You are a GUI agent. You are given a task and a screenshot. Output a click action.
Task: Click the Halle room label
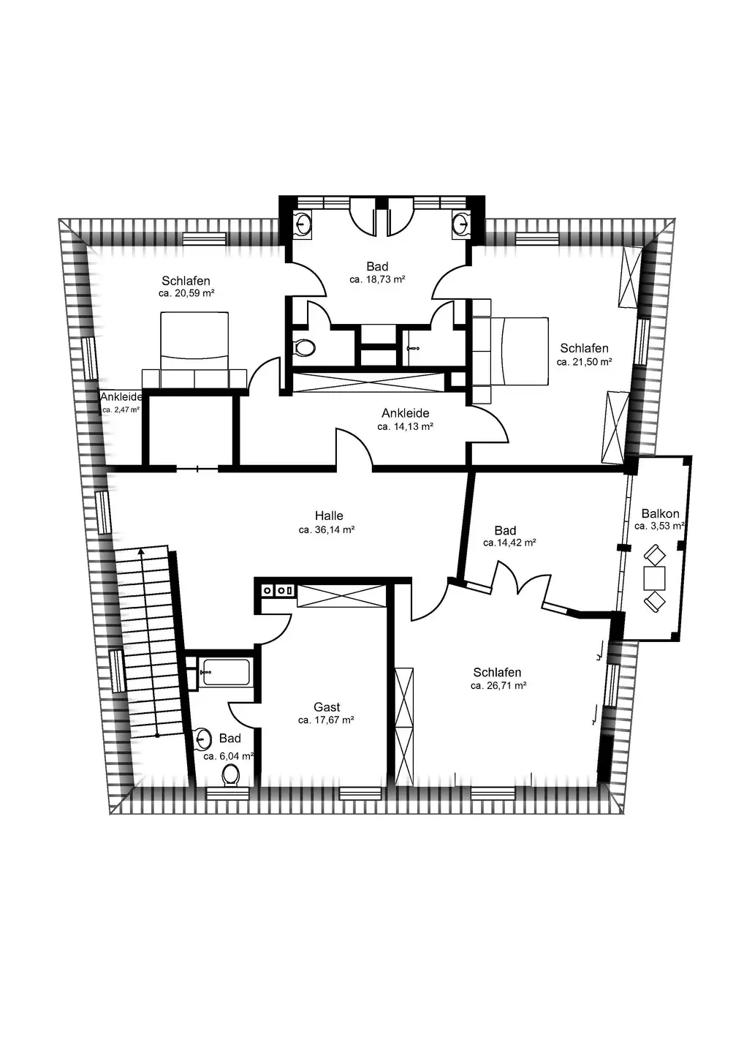pos(329,516)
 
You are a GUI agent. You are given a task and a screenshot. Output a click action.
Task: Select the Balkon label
pos(660,513)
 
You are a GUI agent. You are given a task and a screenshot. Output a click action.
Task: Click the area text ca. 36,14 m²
pos(327,529)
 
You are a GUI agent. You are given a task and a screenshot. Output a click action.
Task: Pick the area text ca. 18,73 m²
pos(377,279)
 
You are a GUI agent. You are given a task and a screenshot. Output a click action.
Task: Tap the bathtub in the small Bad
pos(226,672)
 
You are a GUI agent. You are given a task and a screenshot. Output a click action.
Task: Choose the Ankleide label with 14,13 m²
pos(406,413)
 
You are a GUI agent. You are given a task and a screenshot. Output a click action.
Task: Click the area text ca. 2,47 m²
pos(121,409)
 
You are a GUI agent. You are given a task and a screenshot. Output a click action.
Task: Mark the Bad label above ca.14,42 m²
pos(505,531)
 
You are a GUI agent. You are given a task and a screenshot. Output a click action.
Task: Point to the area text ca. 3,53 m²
pos(659,526)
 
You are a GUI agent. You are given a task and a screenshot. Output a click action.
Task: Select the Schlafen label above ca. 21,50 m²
pos(584,348)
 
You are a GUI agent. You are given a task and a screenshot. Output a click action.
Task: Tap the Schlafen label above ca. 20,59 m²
pos(186,281)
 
